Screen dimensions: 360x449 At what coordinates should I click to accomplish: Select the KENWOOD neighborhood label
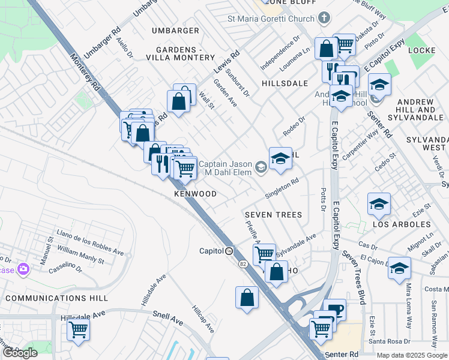(195, 194)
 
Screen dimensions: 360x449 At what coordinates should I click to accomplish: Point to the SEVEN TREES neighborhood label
(273, 215)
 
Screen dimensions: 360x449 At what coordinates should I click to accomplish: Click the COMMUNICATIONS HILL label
(56, 298)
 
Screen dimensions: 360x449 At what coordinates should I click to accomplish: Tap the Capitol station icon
(229, 251)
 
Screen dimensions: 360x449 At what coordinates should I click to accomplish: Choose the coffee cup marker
(334, 310)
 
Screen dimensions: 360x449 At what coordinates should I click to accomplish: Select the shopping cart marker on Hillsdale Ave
(78, 329)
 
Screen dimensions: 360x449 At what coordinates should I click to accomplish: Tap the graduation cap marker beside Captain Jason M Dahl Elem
(280, 158)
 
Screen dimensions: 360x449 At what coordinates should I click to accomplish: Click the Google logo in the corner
(20, 353)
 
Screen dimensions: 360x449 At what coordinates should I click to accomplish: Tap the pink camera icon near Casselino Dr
(23, 268)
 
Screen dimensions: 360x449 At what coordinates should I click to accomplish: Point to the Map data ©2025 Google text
(412, 355)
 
